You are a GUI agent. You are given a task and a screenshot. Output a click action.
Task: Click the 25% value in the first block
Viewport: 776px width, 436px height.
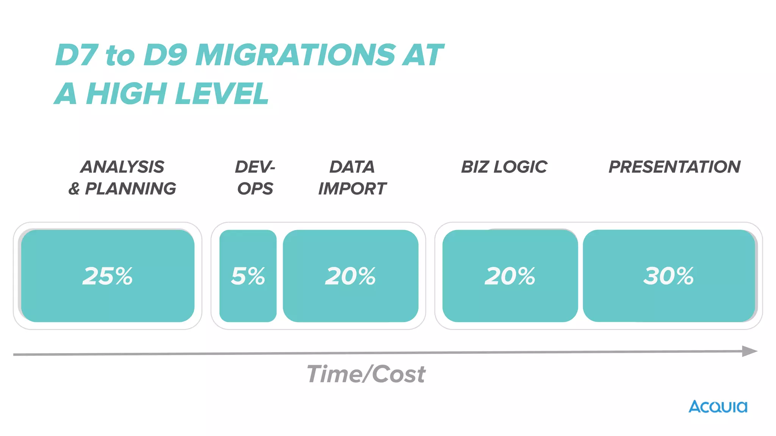(x=108, y=276)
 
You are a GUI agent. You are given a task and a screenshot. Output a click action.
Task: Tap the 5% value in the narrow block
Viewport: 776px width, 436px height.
(x=248, y=276)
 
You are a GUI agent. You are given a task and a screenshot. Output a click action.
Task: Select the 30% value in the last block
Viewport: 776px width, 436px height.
(x=668, y=276)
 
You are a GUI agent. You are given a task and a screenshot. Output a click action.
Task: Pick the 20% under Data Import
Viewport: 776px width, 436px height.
(x=350, y=276)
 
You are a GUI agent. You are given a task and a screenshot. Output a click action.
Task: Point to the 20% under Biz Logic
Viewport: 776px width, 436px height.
(x=510, y=276)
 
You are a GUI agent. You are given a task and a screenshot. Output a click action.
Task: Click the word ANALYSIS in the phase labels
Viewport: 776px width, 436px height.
(x=122, y=167)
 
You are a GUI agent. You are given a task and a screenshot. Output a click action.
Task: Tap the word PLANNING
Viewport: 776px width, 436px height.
(x=130, y=188)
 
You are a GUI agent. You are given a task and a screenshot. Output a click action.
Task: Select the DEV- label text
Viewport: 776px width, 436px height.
(x=255, y=167)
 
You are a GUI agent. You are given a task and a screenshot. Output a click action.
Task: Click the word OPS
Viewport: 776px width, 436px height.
(x=255, y=188)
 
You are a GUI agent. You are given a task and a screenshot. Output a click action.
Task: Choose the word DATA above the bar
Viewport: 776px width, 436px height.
(x=352, y=167)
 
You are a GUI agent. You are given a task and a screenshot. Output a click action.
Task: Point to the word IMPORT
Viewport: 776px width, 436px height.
(x=352, y=188)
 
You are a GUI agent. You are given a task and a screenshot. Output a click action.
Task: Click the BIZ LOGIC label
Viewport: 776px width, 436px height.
(x=504, y=167)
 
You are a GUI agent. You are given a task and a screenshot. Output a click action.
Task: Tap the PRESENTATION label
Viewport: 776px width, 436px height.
(x=674, y=167)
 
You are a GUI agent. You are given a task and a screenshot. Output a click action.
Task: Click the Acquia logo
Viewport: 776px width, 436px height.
(x=718, y=407)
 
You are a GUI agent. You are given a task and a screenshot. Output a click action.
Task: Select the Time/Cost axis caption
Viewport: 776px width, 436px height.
(x=366, y=374)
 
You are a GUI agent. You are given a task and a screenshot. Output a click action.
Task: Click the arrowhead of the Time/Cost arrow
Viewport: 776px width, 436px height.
(x=749, y=351)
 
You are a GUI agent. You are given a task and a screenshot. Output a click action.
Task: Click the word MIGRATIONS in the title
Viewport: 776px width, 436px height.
(x=296, y=55)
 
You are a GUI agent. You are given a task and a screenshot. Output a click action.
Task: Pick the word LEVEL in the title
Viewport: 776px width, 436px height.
(x=222, y=93)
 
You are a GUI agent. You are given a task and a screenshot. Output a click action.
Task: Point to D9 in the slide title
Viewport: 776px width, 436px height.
(x=166, y=55)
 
